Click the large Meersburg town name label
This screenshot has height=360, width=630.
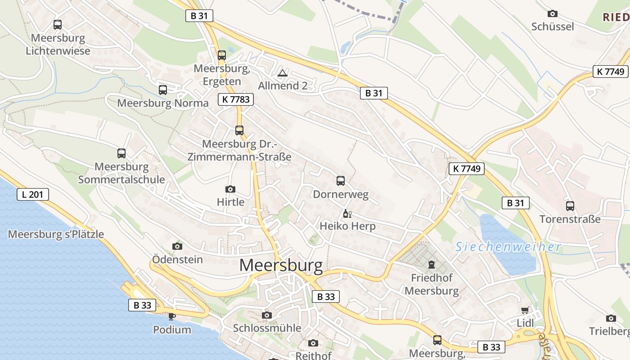pyautogui.click(x=281, y=265)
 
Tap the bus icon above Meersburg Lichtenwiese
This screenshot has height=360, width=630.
pyautogui.click(x=58, y=25)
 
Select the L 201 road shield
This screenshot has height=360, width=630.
pyautogui.click(x=33, y=194)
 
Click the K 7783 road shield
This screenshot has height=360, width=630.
pyautogui.click(x=236, y=99)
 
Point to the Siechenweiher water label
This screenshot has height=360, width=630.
pyautogui.click(x=508, y=247)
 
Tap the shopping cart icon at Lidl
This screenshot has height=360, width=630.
pyautogui.click(x=525, y=310)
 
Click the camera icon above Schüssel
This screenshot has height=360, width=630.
pyautogui.click(x=553, y=14)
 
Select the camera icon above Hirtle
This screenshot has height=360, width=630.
pyautogui.click(x=230, y=189)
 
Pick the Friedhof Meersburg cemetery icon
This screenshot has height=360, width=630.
pyautogui.click(x=432, y=264)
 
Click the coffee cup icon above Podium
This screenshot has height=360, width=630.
pyautogui.click(x=172, y=316)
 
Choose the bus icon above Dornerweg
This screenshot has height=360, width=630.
pyautogui.click(x=341, y=181)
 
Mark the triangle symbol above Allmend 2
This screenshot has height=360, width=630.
pyautogui.click(x=283, y=73)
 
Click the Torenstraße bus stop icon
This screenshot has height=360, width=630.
pyautogui.click(x=570, y=206)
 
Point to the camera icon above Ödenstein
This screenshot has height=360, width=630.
pyautogui.click(x=177, y=246)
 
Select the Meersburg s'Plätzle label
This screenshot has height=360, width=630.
pyautogui.click(x=56, y=234)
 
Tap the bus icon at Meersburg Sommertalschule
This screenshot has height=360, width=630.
pyautogui.click(x=121, y=153)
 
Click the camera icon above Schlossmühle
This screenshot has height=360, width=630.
pyautogui.click(x=267, y=315)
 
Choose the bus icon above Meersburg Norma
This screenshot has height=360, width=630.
pyautogui.click(x=163, y=90)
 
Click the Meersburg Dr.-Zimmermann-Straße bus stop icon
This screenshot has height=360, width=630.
pyautogui.click(x=239, y=130)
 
